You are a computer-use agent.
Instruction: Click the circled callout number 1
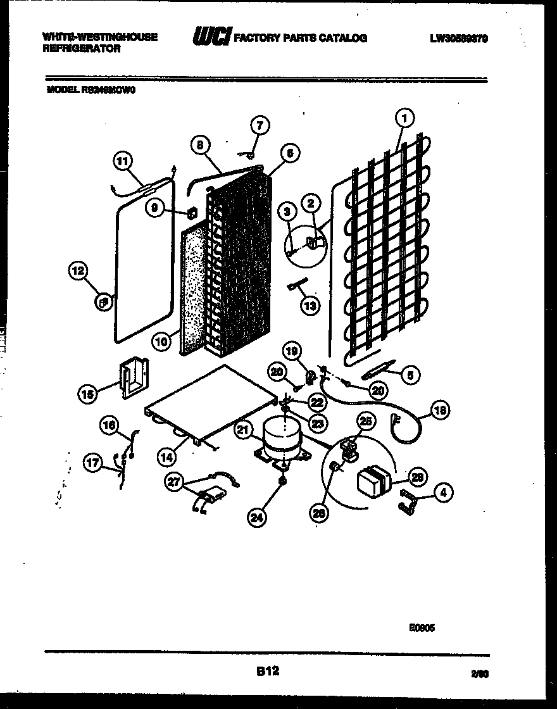404,117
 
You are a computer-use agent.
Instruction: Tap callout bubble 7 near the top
260,125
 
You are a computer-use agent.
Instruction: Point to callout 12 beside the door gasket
78,271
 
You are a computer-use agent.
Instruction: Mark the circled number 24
256,517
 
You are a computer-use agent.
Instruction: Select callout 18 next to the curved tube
439,410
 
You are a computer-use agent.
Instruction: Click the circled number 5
410,375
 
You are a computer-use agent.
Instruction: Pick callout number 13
310,306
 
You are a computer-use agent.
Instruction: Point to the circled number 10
162,341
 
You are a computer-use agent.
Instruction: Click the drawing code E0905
422,629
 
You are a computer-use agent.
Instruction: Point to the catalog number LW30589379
459,39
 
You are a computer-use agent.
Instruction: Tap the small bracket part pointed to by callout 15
134,379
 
